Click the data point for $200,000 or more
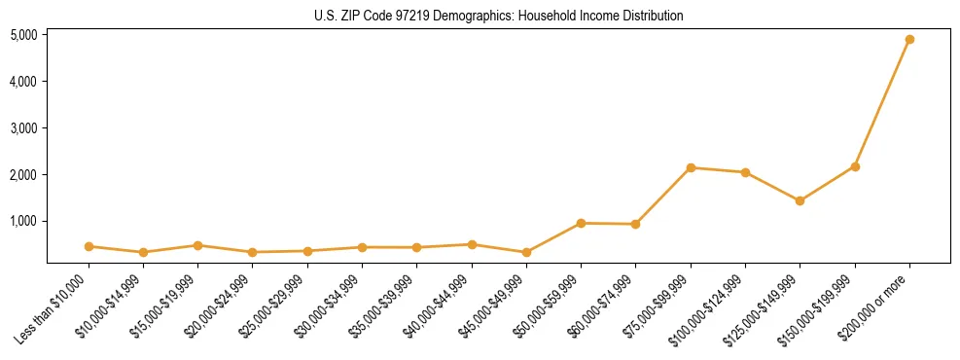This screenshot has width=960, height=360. tap(909, 40)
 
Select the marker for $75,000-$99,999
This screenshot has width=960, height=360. tap(691, 167)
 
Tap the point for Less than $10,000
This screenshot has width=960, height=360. tap(89, 246)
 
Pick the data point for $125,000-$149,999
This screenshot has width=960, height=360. tap(800, 200)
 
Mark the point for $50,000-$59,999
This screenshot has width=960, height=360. tap(581, 223)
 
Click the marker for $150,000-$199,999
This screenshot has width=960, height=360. tap(855, 166)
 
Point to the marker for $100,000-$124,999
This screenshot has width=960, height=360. tap(745, 172)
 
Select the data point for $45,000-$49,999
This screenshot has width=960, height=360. tap(526, 252)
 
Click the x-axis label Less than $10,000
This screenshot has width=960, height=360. tap(54, 308)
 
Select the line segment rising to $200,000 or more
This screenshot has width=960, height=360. tap(882, 103)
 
